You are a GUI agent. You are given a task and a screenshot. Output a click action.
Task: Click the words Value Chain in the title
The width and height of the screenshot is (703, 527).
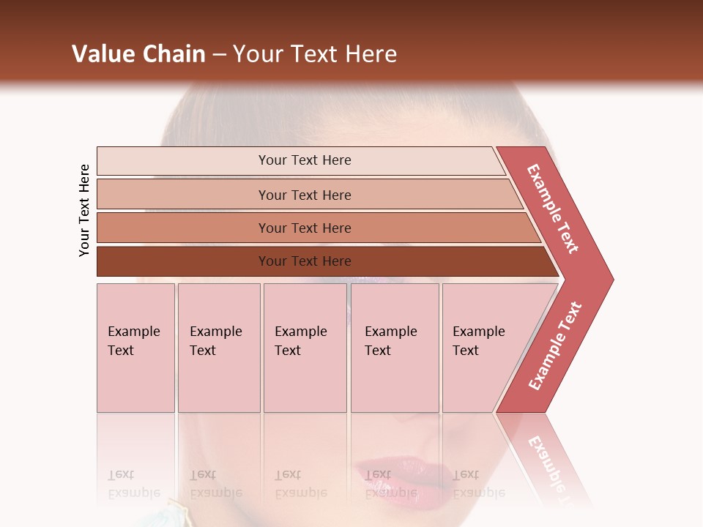(x=138, y=54)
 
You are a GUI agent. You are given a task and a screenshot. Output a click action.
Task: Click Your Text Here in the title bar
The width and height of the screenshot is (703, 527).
(x=315, y=54)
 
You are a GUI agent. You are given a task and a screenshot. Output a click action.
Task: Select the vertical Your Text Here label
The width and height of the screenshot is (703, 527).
(x=84, y=210)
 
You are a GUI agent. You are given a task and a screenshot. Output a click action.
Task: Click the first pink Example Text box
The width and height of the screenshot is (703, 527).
(x=135, y=347)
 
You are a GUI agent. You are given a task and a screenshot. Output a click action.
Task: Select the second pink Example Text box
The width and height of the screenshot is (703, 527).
(x=219, y=347)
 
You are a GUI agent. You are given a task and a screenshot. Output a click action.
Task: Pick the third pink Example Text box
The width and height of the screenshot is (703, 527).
(x=305, y=347)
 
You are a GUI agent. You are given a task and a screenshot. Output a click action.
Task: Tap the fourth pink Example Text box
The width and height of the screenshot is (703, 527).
(x=395, y=347)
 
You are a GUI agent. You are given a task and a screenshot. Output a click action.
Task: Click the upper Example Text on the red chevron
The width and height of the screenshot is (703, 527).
(x=552, y=209)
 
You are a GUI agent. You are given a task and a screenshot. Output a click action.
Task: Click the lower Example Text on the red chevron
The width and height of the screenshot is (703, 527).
(x=554, y=346)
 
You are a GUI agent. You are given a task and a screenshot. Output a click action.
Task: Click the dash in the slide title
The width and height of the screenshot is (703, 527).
(x=219, y=55)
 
